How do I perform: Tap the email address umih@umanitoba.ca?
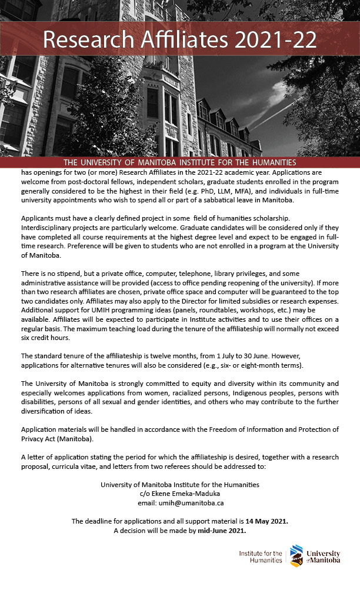(x=180, y=503)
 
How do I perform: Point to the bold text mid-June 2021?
(x=221, y=531)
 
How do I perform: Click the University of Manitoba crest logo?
(x=296, y=556)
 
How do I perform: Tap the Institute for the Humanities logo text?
(x=261, y=557)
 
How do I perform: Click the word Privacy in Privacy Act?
(x=33, y=439)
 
